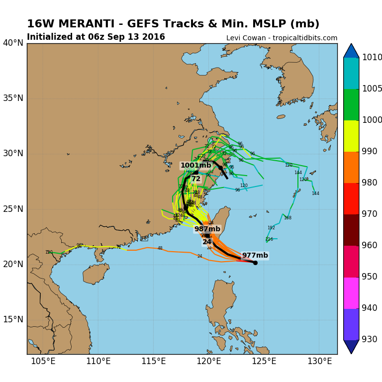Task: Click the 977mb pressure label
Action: [x=255, y=256]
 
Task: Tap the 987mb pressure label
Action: [x=207, y=229]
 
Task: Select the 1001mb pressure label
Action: [x=195, y=166]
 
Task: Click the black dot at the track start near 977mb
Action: [x=255, y=263]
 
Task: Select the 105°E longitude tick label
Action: [x=43, y=361]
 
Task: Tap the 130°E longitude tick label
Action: [x=319, y=361]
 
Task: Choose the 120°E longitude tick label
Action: [x=208, y=361]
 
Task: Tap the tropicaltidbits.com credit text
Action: [x=304, y=38]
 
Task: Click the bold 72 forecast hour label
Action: [x=196, y=179]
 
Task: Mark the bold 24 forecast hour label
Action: [x=207, y=242]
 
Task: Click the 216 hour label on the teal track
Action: [x=269, y=239]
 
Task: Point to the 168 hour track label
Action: [x=287, y=218]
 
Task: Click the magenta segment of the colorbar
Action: [x=351, y=293]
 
